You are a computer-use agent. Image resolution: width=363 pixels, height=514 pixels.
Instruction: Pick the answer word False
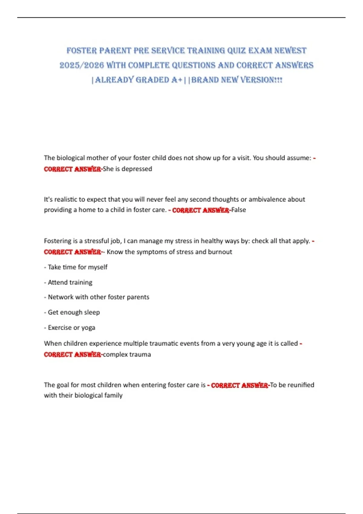click(239, 210)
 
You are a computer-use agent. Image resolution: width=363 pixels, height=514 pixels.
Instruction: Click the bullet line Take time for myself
click(77, 267)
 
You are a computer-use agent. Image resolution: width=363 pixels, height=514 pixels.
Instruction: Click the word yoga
click(88, 327)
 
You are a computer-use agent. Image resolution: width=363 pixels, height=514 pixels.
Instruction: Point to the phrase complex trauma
click(127, 354)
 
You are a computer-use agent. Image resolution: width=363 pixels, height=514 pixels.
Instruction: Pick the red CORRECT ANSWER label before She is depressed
click(72, 169)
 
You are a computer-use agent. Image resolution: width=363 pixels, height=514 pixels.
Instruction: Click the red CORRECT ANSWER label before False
click(201, 210)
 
